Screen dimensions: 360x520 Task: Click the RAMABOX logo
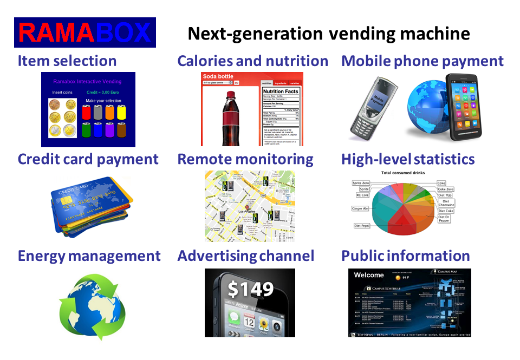click(85, 32)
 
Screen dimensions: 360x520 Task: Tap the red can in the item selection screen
click(86, 112)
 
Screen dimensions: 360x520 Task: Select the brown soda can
click(122, 130)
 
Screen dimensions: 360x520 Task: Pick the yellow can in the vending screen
click(122, 112)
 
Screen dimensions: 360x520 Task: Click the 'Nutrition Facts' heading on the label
click(281, 92)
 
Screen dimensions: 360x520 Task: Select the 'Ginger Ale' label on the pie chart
click(360, 208)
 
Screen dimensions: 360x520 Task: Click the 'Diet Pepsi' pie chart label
click(364, 225)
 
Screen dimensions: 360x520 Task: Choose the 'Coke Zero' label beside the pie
click(445, 189)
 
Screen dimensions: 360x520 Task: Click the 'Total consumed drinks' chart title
click(403, 173)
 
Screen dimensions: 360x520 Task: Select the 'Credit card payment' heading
click(88, 159)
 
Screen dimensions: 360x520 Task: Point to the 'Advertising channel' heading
click(245, 256)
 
